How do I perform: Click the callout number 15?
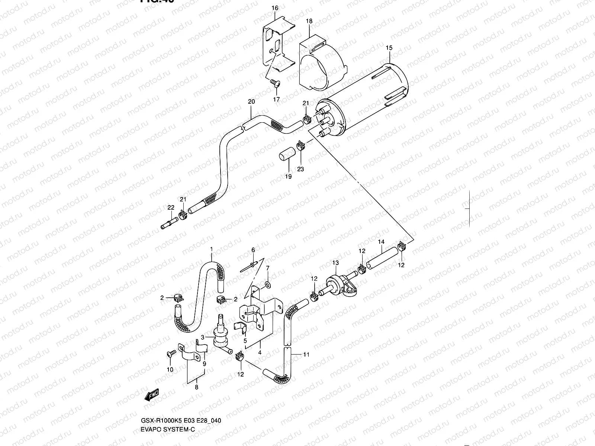[389, 48]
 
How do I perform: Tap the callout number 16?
[274, 8]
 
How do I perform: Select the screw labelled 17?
[274, 83]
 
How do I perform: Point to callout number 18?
[309, 21]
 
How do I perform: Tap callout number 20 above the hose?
[251, 101]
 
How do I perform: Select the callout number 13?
[335, 263]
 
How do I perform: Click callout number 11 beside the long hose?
[306, 355]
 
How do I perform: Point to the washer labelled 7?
[267, 285]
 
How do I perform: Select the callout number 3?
[203, 337]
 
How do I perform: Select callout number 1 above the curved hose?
[211, 249]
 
